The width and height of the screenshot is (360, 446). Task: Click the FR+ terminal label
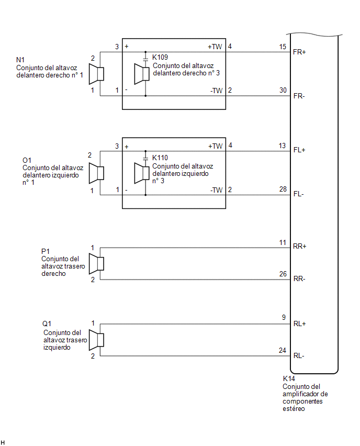[x=299, y=52]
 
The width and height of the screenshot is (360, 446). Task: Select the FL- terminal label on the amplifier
[x=299, y=194]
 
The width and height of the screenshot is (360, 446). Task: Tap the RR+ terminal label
[x=299, y=247]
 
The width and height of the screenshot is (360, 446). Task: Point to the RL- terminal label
[x=299, y=355]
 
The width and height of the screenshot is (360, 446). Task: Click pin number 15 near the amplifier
[x=283, y=47]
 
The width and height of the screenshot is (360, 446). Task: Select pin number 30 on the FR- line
[x=283, y=90]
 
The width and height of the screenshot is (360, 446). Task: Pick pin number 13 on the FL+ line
[x=282, y=146]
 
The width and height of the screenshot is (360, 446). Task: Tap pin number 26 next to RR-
[x=283, y=274]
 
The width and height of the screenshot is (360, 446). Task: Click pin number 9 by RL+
[x=284, y=317]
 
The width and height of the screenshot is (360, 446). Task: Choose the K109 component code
[x=160, y=57]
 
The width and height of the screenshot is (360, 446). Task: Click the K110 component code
[x=160, y=158]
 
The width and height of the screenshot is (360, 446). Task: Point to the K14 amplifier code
[x=289, y=378]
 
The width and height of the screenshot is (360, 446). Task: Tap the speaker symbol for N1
[x=96, y=74]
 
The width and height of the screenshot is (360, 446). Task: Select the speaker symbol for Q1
[x=96, y=340]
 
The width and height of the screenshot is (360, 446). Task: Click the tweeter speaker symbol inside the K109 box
[x=142, y=74]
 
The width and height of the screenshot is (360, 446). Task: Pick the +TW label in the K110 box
[x=215, y=146]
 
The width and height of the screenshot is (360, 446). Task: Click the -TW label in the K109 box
[x=217, y=91]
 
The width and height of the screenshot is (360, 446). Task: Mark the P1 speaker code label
[x=46, y=251]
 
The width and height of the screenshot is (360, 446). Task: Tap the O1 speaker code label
[x=27, y=160]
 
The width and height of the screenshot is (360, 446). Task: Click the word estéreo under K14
[x=294, y=409]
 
